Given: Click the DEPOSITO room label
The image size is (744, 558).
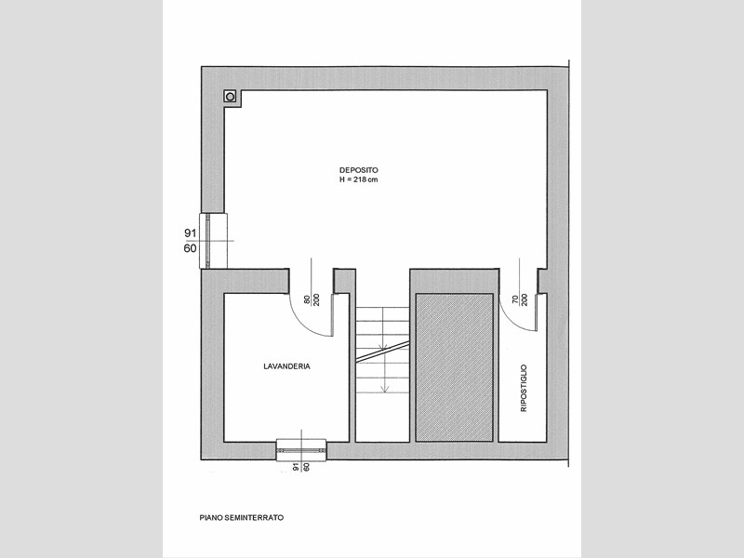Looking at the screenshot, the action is pyautogui.click(x=359, y=170).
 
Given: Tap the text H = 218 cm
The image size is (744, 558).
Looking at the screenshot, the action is pyautogui.click(x=359, y=179).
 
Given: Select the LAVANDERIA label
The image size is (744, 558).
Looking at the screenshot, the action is pyautogui.click(x=286, y=366).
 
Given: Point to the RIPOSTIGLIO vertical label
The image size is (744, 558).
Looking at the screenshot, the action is pyautogui.click(x=524, y=388).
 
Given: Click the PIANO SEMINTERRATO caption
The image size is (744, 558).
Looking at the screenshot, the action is pyautogui.click(x=242, y=518).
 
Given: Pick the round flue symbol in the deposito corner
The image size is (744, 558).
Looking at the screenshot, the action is pyautogui.click(x=230, y=97).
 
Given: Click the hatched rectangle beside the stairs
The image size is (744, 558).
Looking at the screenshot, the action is pyautogui.click(x=454, y=367).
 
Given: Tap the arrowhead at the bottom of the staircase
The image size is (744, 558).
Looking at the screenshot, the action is pyautogui.click(x=385, y=389).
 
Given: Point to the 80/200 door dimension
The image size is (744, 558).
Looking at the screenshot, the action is pyautogui.click(x=312, y=299).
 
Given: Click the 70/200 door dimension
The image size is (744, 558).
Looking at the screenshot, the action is pyautogui.click(x=520, y=299).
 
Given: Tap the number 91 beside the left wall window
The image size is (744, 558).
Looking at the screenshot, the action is pyautogui.click(x=191, y=233).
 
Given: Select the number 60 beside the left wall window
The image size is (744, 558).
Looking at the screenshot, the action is pyautogui.click(x=191, y=248).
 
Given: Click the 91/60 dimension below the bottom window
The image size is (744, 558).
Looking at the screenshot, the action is pyautogui.click(x=301, y=467).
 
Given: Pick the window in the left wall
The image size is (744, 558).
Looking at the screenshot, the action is pyautogui.click(x=213, y=241).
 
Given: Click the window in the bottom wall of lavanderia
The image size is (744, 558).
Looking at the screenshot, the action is pyautogui.click(x=301, y=450).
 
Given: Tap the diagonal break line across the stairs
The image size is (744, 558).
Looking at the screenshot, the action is pyautogui.click(x=382, y=352).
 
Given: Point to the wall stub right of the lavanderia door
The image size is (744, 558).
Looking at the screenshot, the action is pyautogui.click(x=344, y=282).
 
